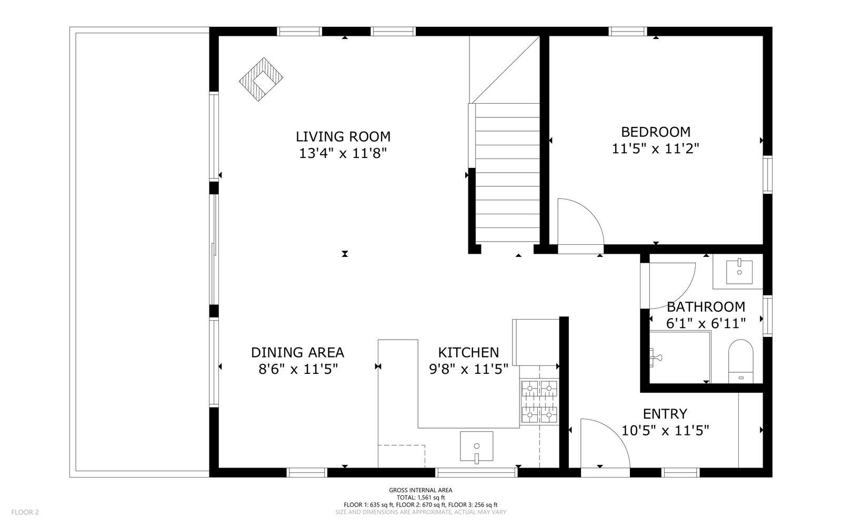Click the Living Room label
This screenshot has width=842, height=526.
point(343,136)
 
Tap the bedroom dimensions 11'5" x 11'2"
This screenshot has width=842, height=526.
point(656,149)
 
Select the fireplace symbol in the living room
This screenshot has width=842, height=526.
point(261,80)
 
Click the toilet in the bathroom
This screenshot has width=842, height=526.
point(740,361)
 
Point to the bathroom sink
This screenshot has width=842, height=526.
point(739,272)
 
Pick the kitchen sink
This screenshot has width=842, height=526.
point(477,447)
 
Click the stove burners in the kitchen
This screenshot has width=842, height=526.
point(539,402)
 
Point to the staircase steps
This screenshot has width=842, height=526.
point(507,173)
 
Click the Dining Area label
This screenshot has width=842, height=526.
point(297,353)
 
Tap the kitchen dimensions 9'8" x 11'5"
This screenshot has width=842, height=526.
point(469,370)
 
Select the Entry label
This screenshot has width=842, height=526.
point(665,414)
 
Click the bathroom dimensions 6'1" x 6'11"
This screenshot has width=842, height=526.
point(706,323)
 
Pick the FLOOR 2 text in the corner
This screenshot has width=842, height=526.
point(25,512)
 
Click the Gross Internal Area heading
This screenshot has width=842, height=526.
point(420,490)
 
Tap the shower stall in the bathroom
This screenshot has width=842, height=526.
point(679,357)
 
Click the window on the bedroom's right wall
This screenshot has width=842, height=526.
point(768,174)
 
